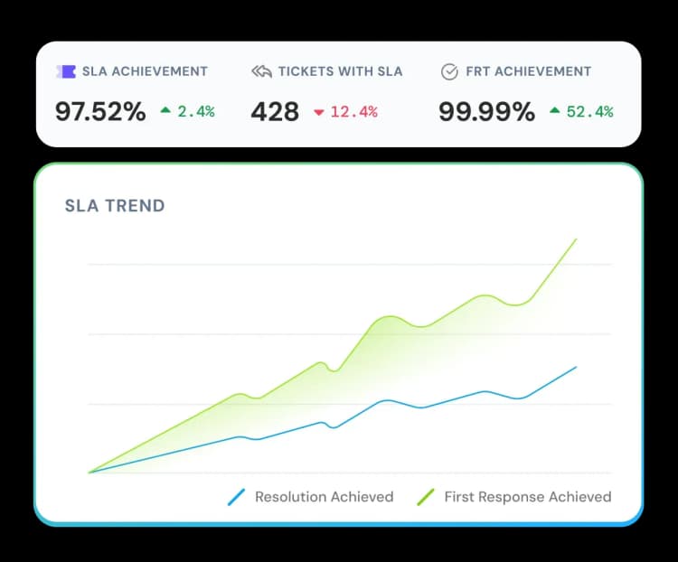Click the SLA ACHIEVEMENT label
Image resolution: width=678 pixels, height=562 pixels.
click(x=145, y=71)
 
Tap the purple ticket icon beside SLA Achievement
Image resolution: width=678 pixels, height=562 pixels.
click(x=65, y=71)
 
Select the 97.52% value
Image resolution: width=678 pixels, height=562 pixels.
click(x=100, y=111)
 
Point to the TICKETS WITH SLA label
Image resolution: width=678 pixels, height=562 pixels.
click(x=340, y=71)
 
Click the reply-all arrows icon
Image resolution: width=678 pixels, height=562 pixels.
click(x=261, y=71)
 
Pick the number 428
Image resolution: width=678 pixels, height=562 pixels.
click(x=275, y=111)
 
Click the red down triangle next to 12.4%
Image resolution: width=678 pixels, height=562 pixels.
click(x=318, y=112)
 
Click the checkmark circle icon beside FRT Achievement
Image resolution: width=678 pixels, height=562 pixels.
click(x=449, y=71)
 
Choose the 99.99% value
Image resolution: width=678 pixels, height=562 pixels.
click(x=486, y=111)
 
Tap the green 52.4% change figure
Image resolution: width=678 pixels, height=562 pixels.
click(x=589, y=112)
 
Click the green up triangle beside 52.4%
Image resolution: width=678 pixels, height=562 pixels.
click(x=554, y=112)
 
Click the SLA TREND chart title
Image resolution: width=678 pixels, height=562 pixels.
click(x=115, y=206)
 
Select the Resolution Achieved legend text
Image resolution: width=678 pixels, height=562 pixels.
click(x=324, y=496)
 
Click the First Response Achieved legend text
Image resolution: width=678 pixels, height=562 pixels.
click(x=527, y=496)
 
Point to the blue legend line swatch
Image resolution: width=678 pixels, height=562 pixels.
click(x=237, y=496)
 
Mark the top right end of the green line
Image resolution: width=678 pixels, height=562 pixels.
click(x=576, y=239)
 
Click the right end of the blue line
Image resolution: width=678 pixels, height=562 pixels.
click(x=576, y=367)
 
